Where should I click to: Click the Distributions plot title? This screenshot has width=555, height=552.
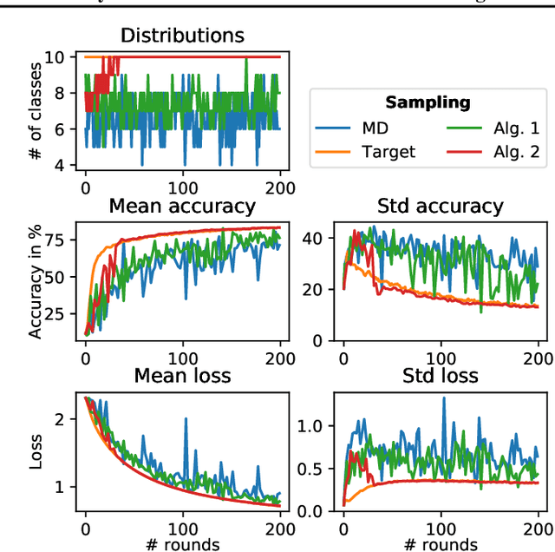pyautogui.click(x=182, y=36)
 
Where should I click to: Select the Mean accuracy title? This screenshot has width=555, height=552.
pyautogui.click(x=182, y=206)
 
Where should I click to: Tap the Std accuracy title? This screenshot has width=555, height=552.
pyautogui.click(x=441, y=206)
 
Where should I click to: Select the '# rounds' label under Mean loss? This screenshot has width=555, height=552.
pyautogui.click(x=182, y=543)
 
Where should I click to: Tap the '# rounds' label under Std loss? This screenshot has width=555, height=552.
pyautogui.click(x=441, y=543)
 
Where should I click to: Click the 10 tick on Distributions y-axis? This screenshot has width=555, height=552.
pyautogui.click(x=59, y=57)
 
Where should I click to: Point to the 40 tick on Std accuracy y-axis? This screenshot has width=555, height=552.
pyautogui.click(x=317, y=238)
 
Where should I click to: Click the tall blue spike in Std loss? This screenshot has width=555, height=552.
pyautogui.click(x=444, y=400)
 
